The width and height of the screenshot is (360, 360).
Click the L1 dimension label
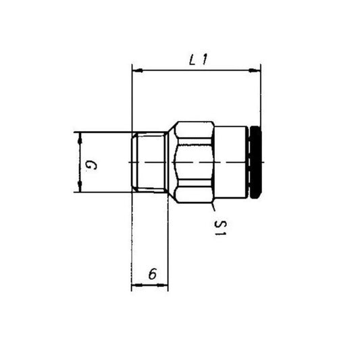[197, 59]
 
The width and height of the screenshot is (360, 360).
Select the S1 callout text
[220, 228]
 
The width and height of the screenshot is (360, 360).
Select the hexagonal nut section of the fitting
[192, 162]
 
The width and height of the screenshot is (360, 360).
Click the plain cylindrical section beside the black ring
[231, 162]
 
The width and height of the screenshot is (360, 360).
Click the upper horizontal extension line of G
[101, 132]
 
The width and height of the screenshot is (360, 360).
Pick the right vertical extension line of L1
[260, 95]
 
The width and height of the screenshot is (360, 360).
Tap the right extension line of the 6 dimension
[168, 243]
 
